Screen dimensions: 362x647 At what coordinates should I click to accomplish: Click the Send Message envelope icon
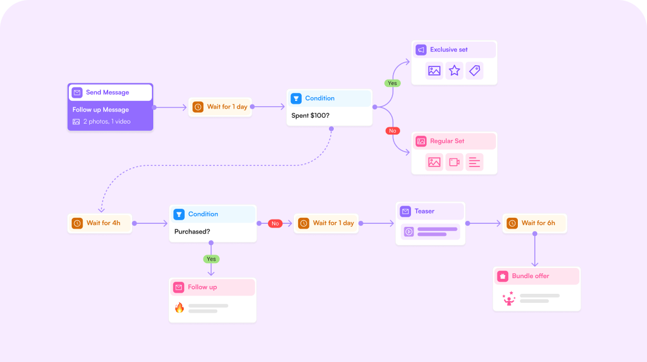pyautogui.click(x=77, y=92)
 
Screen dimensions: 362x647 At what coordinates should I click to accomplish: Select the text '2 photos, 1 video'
pyautogui.click(x=107, y=121)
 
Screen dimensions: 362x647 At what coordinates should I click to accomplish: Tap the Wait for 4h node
pyautogui.click(x=100, y=223)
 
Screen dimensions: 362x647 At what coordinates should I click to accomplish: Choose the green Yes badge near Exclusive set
pyautogui.click(x=392, y=83)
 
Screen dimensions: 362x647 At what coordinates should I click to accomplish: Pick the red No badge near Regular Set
pyautogui.click(x=392, y=130)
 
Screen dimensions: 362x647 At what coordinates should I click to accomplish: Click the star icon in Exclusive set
pyautogui.click(x=454, y=71)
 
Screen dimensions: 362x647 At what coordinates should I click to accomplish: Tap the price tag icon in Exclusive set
pyautogui.click(x=474, y=71)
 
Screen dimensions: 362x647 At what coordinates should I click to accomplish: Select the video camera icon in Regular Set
pyautogui.click(x=454, y=162)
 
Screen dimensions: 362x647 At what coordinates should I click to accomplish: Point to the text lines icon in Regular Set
pyautogui.click(x=474, y=162)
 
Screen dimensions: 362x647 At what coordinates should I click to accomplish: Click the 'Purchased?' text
pyautogui.click(x=192, y=231)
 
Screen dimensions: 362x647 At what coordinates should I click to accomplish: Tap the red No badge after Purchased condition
pyautogui.click(x=275, y=223)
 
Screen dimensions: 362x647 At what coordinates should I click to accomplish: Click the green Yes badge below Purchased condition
pyautogui.click(x=211, y=259)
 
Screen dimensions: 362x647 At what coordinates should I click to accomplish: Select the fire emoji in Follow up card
pyautogui.click(x=179, y=308)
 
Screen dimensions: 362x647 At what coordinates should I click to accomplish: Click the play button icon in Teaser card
pyautogui.click(x=409, y=232)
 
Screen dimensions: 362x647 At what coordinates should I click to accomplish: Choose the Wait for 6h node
pyautogui.click(x=535, y=223)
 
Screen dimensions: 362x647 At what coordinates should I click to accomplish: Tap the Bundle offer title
pyautogui.click(x=531, y=276)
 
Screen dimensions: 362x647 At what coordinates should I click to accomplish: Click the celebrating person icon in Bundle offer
pyautogui.click(x=509, y=298)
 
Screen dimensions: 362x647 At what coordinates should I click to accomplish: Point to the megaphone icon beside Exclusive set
pyautogui.click(x=421, y=49)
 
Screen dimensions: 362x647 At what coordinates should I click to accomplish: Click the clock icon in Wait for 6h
pyautogui.click(x=512, y=223)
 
